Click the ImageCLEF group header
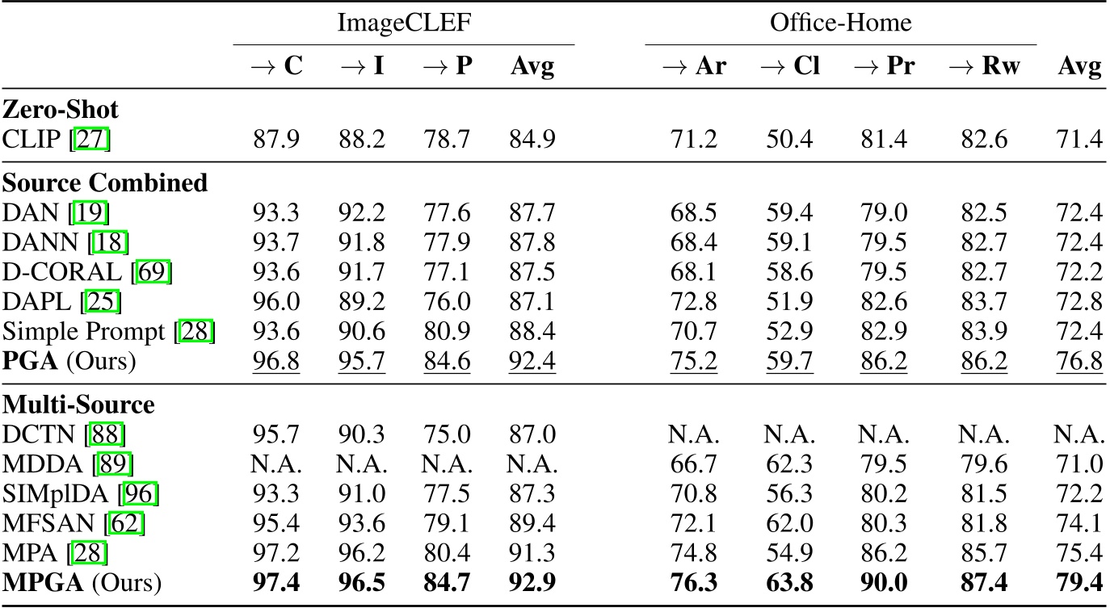[x=403, y=23]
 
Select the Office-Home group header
[x=840, y=23]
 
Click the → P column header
[x=448, y=66]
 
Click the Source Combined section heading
[x=105, y=183]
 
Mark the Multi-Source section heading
[x=79, y=404]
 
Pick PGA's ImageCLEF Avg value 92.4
[x=532, y=360]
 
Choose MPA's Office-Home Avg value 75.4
[x=1080, y=551]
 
